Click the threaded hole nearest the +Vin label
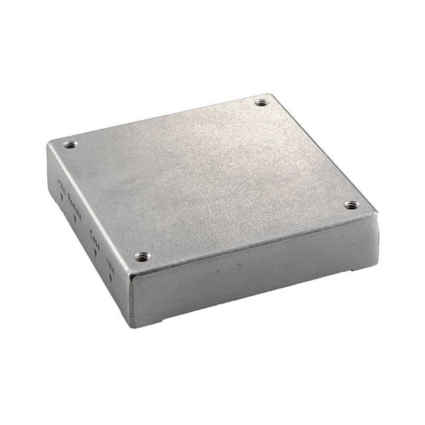tap(70, 144)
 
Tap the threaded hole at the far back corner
tap(261, 102)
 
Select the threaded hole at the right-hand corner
tap(351, 205)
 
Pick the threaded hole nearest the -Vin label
tap(141, 256)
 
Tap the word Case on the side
tap(94, 236)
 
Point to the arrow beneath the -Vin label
tap(110, 278)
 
